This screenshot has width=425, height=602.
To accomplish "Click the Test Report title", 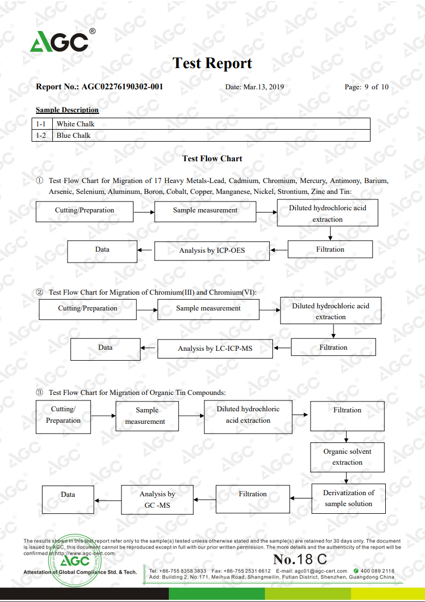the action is tap(212, 63).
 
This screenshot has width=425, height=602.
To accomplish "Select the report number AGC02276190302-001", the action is tap(122, 87).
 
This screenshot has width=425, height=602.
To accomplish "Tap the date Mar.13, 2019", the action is tap(264, 87).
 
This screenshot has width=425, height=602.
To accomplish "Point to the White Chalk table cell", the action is tap(211, 124).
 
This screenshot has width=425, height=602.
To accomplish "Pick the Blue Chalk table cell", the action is tap(211, 135).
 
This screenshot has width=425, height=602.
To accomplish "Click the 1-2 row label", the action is tap(41, 135).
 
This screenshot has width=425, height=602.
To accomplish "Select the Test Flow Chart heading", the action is tap(212, 159).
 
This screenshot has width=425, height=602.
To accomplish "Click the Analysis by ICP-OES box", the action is tap(212, 251).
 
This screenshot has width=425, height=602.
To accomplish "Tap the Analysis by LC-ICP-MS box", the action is tap(215, 349).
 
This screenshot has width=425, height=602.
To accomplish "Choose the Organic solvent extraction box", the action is tap(347, 457).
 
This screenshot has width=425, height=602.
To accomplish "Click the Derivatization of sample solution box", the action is tap(348, 498).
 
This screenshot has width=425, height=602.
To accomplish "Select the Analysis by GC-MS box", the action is tap(157, 500).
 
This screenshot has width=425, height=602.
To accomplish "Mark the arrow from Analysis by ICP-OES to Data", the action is tap(145, 250).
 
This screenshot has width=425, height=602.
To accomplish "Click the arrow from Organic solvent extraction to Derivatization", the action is tap(347, 478).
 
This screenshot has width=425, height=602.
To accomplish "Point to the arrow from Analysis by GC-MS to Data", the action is tap(107, 500).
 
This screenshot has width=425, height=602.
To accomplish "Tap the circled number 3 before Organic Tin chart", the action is tap(40, 392).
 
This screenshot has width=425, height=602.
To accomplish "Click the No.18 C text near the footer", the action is tap(300, 559).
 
